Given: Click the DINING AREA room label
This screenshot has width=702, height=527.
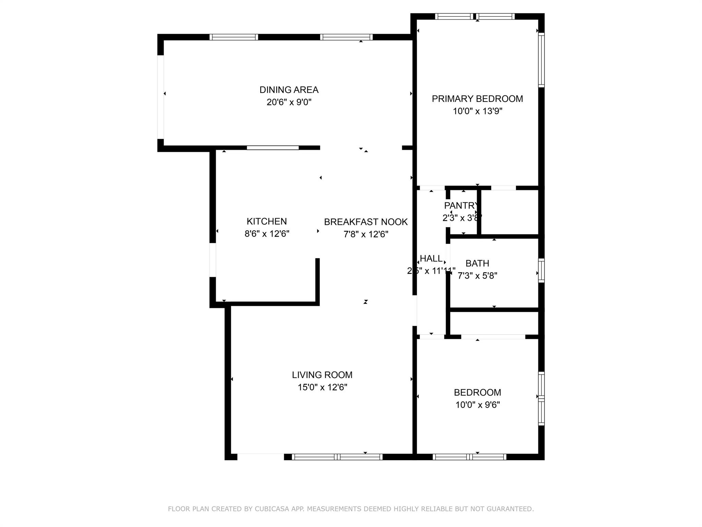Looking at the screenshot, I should coord(289,90).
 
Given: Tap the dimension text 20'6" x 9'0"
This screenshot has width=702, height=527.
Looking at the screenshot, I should coord(289,102).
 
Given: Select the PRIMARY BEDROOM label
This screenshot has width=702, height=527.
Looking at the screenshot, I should coord(477,99).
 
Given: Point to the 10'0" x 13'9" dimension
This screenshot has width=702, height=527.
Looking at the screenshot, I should coord(477,111).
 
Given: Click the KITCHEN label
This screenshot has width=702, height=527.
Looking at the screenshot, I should coord(267,221).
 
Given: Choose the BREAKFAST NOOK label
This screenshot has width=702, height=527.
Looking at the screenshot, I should coord(366,222).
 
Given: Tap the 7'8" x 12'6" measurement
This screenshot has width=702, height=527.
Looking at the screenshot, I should coord(366,234).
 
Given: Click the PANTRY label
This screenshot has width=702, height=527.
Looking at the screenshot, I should coord(461,206).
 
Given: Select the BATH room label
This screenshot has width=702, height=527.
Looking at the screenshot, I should coord(477,263).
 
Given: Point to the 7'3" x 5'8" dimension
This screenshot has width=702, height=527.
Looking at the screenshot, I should coord(477,276).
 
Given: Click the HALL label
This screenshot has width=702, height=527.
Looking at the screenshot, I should coord(431,259).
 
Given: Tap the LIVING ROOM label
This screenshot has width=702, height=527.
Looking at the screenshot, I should coord(322,375).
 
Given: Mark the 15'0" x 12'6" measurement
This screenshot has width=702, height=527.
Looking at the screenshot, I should coord(322,387).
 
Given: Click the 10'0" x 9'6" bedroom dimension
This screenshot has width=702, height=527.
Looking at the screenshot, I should coord(477,405).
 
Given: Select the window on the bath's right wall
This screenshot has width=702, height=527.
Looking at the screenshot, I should coord(541,271).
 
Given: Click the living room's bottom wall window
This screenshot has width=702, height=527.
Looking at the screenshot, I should coord(337,457).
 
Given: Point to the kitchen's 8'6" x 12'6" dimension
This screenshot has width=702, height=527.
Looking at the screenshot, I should coord(267,234).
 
